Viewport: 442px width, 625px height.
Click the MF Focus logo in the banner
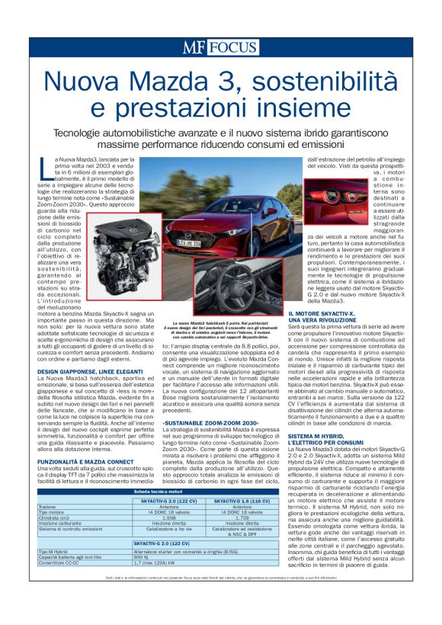point(219,48)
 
